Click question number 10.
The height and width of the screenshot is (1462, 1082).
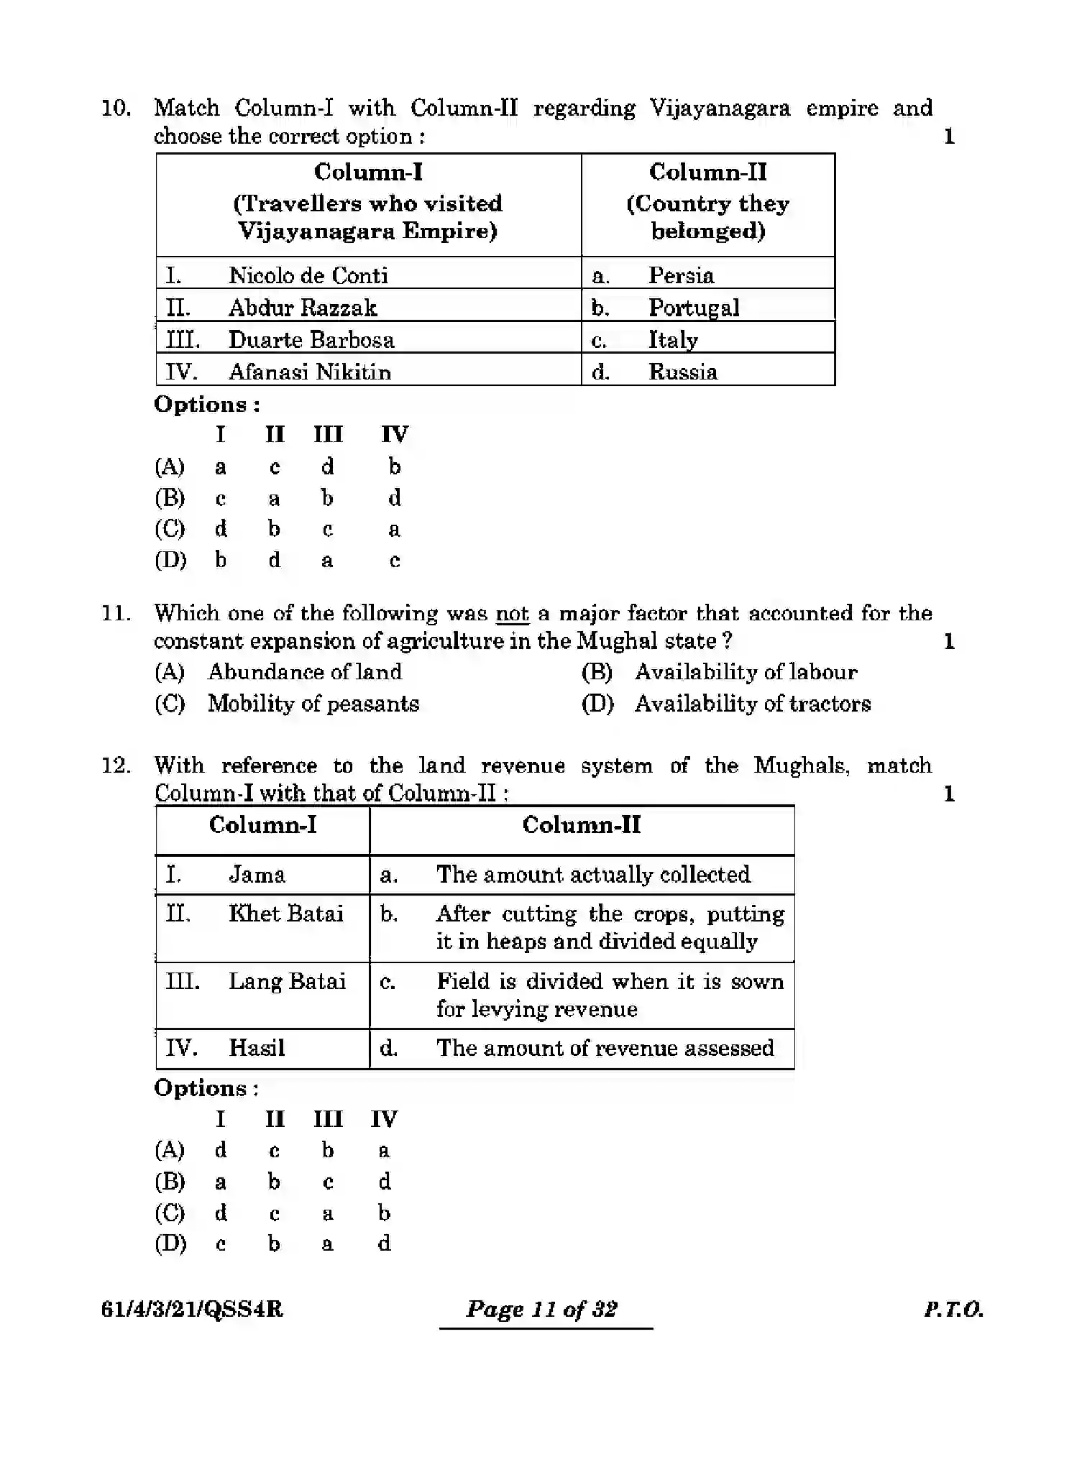(115, 109)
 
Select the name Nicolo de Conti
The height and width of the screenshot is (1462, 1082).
(308, 275)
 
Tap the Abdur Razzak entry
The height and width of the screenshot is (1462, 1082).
(302, 308)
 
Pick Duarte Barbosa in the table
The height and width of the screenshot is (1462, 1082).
(311, 339)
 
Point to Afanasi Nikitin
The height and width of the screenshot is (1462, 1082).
(309, 372)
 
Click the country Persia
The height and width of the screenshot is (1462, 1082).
(680, 275)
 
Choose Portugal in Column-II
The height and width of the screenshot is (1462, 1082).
(693, 308)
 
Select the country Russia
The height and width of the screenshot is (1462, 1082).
(682, 372)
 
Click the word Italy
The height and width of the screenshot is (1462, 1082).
(672, 339)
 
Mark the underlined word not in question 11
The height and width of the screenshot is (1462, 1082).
(512, 613)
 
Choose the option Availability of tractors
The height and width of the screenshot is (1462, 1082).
(752, 703)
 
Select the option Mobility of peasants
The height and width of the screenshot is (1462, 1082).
(313, 703)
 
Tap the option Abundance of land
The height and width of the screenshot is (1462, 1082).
(304, 672)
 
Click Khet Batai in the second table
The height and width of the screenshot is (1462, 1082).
(285, 913)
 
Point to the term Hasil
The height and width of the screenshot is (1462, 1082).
(256, 1047)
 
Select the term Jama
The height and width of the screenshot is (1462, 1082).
(256, 874)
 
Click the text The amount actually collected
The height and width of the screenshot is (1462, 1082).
(592, 874)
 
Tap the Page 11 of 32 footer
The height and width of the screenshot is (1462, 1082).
(541, 1309)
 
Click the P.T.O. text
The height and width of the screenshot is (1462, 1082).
(953, 1309)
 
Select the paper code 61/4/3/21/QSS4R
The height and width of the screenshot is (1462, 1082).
(192, 1309)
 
